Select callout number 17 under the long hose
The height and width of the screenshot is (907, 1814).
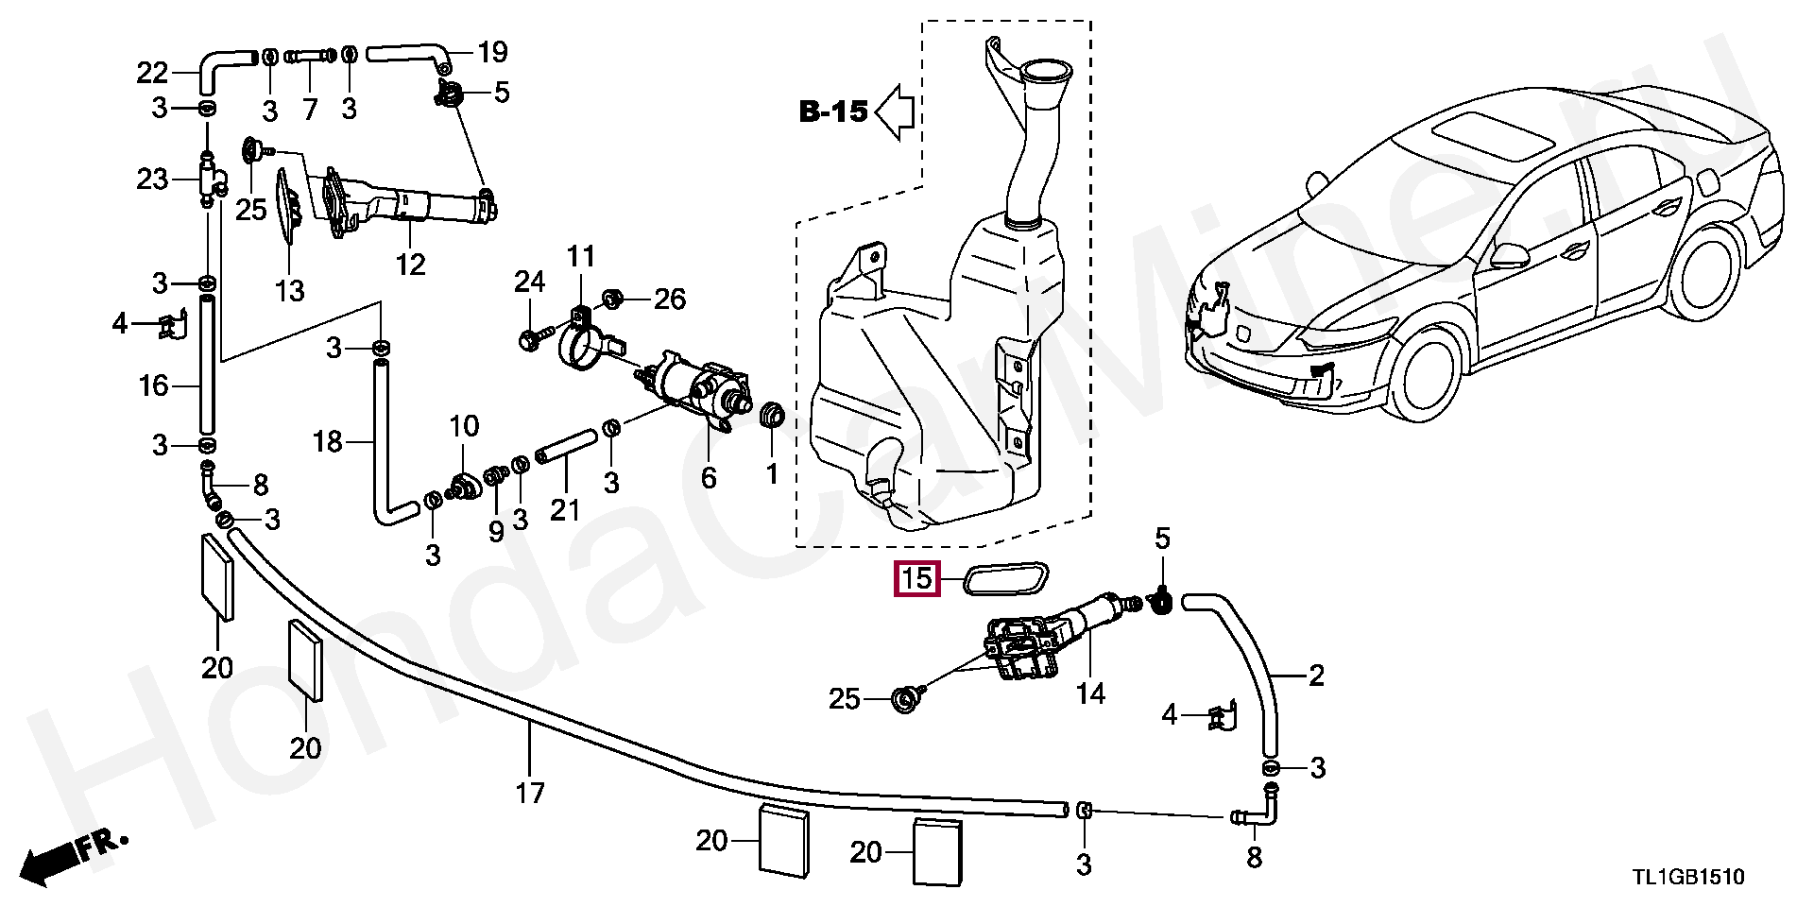point(531,792)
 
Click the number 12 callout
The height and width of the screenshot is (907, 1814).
point(411,264)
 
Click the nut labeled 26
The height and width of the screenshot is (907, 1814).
point(611,299)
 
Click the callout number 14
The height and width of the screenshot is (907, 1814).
point(1090,693)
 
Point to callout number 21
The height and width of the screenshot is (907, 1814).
point(565,510)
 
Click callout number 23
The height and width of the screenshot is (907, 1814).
point(152,179)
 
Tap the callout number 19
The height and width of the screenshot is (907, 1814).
point(492,51)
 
